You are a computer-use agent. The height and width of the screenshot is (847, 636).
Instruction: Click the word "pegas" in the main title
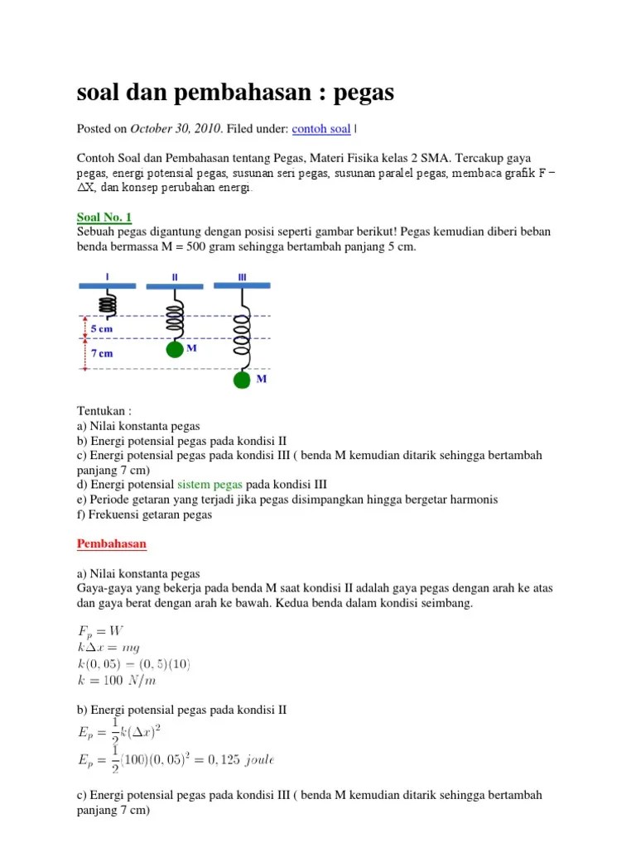pyautogui.click(x=364, y=93)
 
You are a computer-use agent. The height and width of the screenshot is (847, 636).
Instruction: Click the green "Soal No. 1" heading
pyautogui.click(x=104, y=218)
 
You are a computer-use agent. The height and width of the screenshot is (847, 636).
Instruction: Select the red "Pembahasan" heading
pyautogui.click(x=111, y=543)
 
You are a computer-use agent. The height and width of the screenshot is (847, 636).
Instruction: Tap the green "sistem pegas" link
pyautogui.click(x=210, y=485)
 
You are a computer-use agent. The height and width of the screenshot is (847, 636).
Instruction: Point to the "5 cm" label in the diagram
pyautogui.click(x=102, y=328)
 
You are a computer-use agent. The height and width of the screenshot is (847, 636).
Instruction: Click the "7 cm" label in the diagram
pyautogui.click(x=102, y=353)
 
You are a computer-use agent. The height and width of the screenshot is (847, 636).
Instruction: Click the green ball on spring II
pyautogui.click(x=174, y=349)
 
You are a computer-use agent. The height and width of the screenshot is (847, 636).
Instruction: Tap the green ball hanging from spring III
pyautogui.click(x=242, y=380)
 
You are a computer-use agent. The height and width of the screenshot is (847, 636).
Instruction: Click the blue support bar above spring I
pyautogui.click(x=108, y=285)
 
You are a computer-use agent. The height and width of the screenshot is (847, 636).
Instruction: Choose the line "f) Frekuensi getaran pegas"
pyautogui.click(x=145, y=514)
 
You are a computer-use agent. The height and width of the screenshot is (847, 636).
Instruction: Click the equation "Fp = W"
pyautogui.click(x=100, y=630)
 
